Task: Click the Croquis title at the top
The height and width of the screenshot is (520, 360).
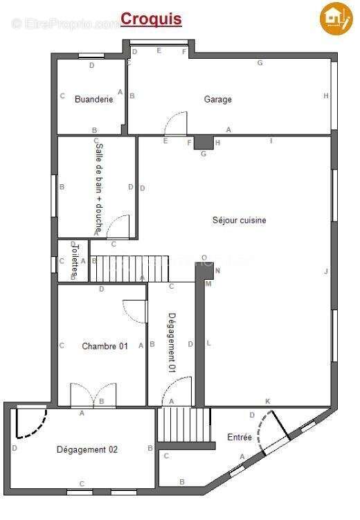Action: [x=151, y=19]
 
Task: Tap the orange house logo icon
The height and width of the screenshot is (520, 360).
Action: [x=336, y=18]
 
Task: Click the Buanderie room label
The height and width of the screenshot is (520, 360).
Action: [x=93, y=99]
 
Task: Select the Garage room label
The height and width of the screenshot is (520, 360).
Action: [x=217, y=99]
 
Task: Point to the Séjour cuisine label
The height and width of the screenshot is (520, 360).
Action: [x=239, y=220]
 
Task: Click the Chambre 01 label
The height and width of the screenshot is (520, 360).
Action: [x=105, y=346]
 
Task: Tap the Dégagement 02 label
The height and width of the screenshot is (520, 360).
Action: [x=87, y=449]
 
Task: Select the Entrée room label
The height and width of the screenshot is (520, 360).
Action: [x=240, y=437]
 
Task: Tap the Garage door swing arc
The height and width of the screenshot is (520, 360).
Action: [x=176, y=123]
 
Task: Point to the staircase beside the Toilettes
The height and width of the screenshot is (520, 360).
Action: [x=118, y=269]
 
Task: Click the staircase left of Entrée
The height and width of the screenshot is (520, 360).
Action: [x=184, y=424]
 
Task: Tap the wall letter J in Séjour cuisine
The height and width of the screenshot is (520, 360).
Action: [x=326, y=271]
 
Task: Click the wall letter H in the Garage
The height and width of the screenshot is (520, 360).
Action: [x=325, y=96]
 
